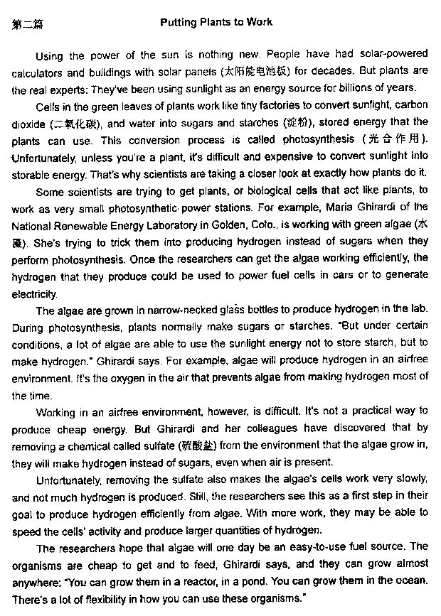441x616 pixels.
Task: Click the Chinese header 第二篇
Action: click(x=27, y=24)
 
